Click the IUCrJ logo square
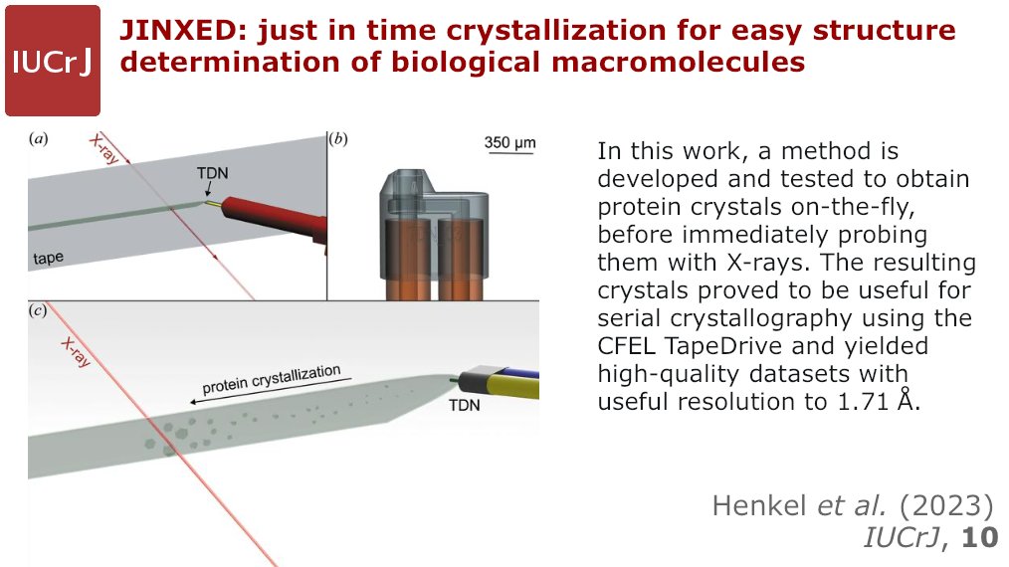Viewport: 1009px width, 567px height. coord(52,61)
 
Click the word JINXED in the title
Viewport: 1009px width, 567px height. coord(183,31)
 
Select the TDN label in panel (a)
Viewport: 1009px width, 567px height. coord(211,173)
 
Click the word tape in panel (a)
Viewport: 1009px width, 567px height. coord(48,258)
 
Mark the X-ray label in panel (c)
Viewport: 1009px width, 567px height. coord(76,351)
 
